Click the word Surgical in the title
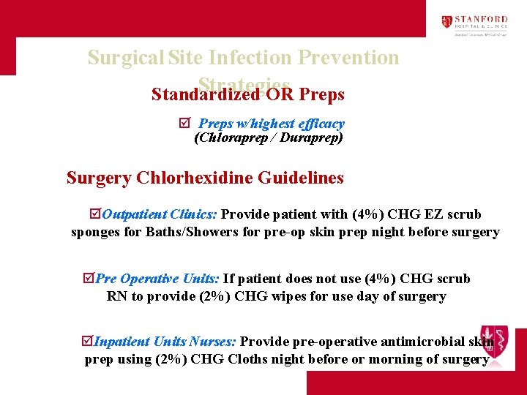126,57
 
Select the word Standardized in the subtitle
206,96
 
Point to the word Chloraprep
231,138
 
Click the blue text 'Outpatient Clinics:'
160,215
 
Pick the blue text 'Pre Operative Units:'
157,279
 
